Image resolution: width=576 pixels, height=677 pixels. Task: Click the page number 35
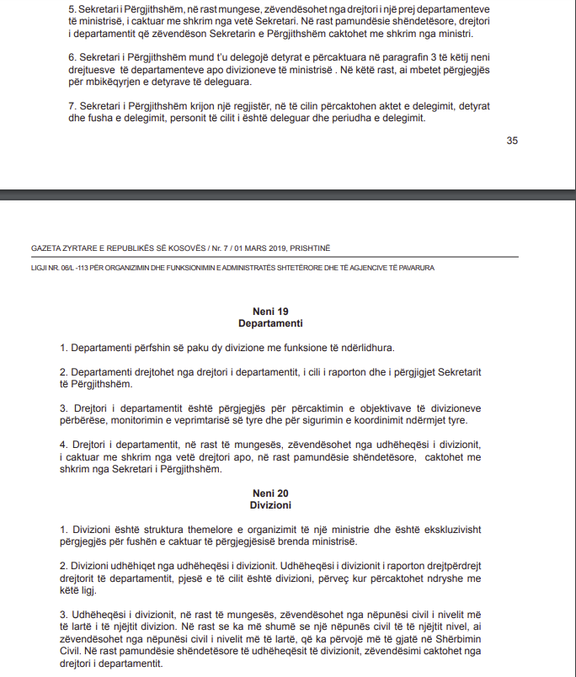[512, 141]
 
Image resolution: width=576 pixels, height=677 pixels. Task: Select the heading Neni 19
[270, 312]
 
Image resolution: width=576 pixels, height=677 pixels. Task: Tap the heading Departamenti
[270, 323]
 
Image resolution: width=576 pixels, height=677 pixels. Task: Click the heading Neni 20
[270, 493]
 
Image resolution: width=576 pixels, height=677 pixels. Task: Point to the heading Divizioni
[270, 505]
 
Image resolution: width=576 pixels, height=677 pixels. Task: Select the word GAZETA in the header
[47, 248]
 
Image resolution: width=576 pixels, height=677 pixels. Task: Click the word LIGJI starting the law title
[40, 268]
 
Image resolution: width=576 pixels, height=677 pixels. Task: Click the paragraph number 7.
[72, 107]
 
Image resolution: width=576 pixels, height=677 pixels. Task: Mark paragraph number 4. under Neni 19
[63, 444]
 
